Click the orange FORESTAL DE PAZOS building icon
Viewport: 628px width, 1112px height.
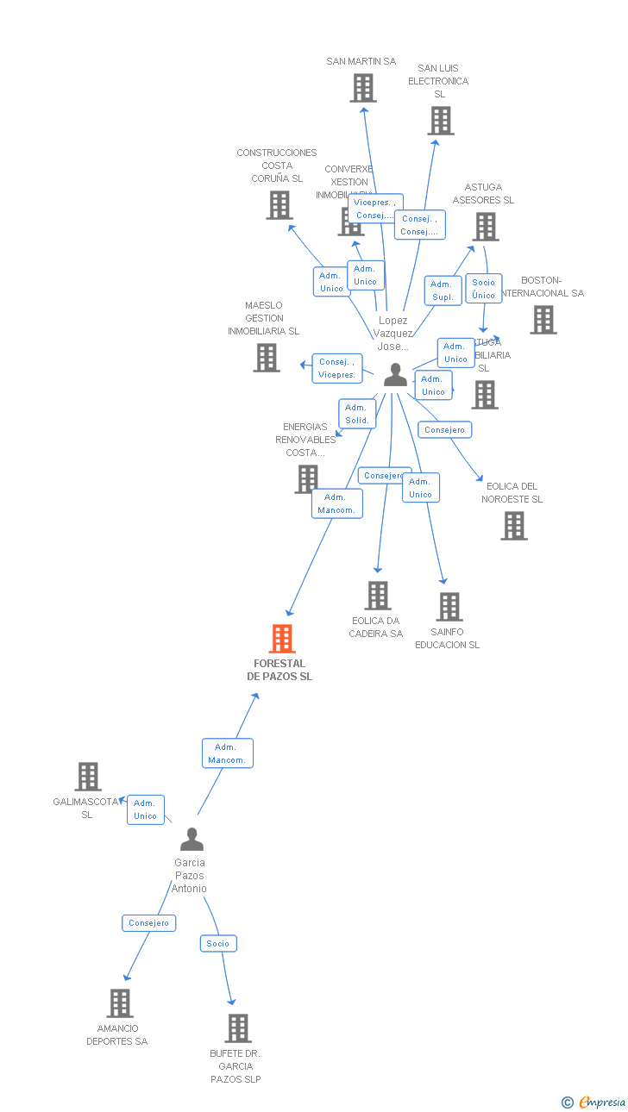click(282, 639)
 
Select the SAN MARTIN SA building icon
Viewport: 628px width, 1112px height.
click(363, 88)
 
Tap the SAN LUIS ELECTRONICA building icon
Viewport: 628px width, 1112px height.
click(441, 121)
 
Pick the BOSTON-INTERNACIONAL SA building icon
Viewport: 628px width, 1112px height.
click(543, 320)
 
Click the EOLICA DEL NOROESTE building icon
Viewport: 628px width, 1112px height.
click(514, 526)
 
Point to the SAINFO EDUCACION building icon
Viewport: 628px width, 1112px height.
click(449, 607)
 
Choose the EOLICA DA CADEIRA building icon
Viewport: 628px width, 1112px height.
click(377, 596)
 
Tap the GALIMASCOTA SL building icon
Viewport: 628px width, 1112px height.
click(88, 777)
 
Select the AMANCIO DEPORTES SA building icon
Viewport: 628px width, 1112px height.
click(120, 1003)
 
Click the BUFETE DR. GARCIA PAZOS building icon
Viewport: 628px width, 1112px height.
click(238, 1028)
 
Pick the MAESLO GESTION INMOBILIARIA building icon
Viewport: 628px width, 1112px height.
click(267, 358)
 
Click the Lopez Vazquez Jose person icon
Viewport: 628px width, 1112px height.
click(395, 375)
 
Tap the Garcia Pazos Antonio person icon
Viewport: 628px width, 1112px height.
click(192, 840)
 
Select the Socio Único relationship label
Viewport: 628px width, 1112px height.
click(483, 289)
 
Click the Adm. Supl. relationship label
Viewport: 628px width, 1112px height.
click(443, 290)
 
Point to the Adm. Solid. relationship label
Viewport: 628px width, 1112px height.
click(357, 414)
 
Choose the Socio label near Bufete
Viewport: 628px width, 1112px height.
click(218, 944)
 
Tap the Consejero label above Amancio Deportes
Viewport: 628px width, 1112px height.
click(149, 923)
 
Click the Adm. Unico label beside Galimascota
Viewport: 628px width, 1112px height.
click(146, 809)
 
